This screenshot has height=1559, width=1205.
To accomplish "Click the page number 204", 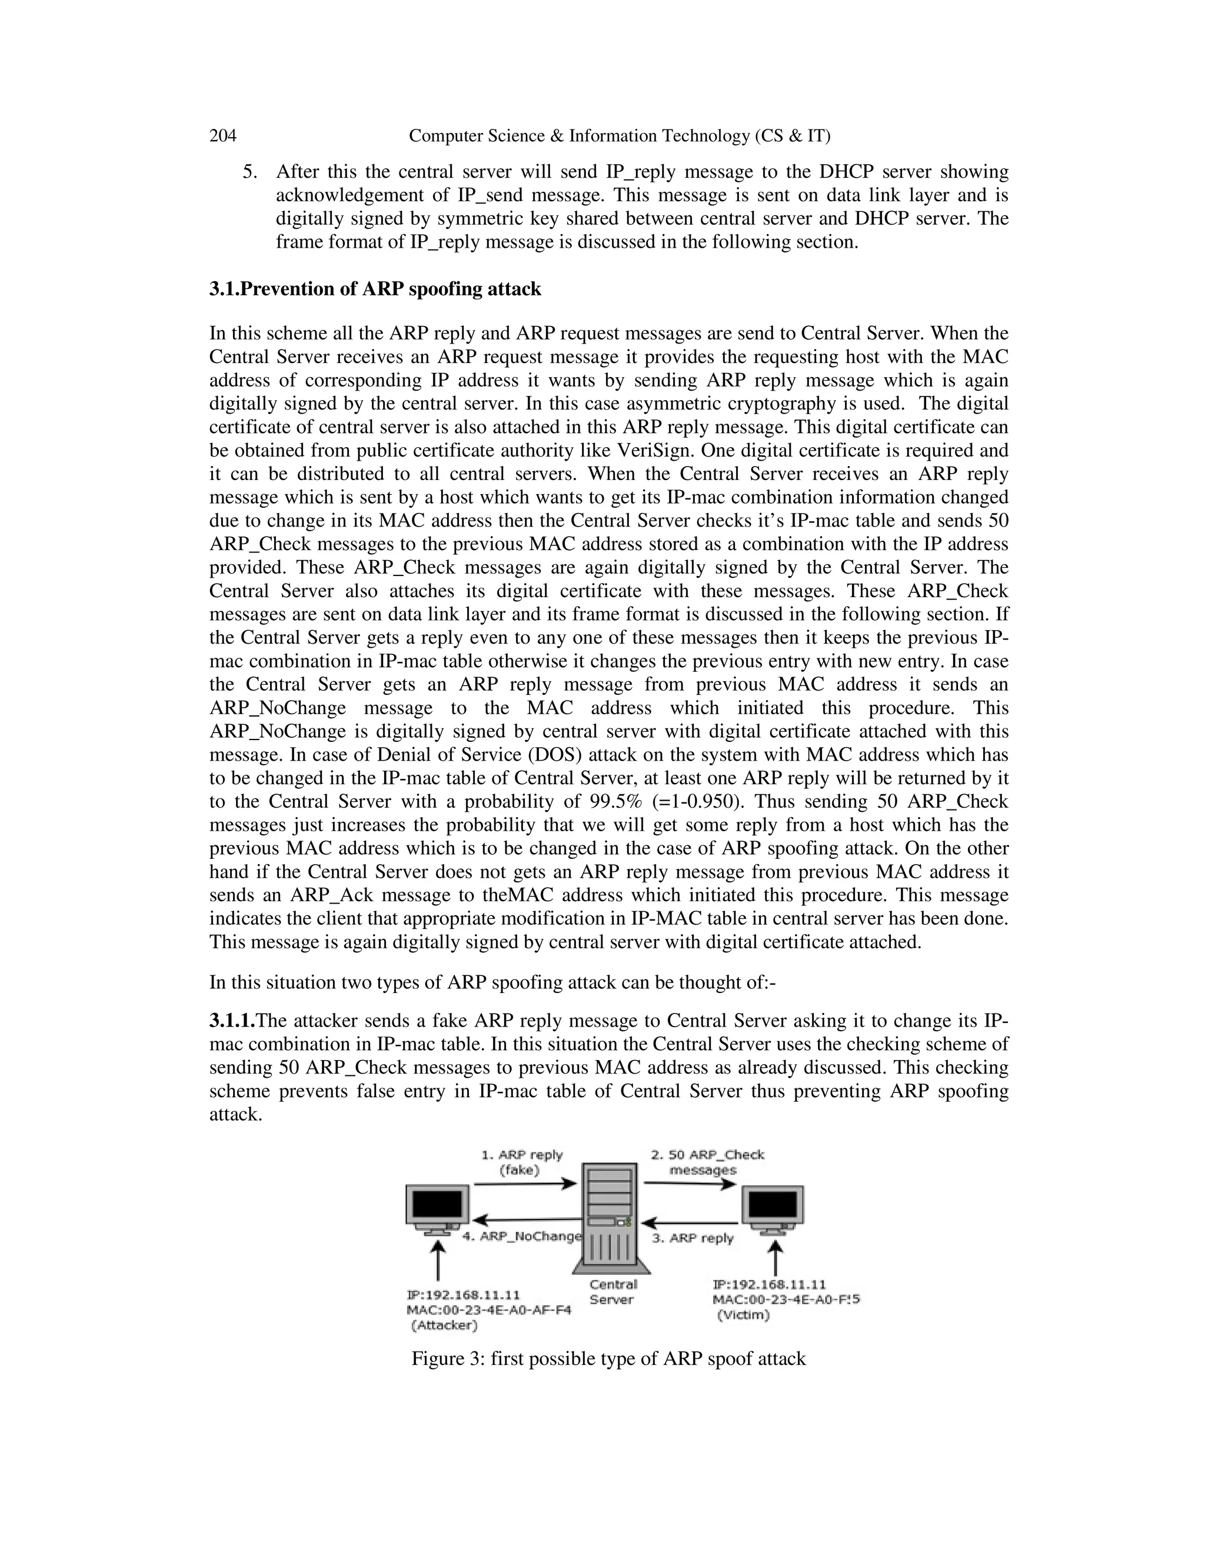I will [x=223, y=136].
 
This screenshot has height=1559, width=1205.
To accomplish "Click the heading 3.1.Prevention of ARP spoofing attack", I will [x=375, y=289].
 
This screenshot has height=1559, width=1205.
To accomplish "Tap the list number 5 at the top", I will [x=249, y=172].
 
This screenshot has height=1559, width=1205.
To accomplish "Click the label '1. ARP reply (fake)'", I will [x=522, y=1162].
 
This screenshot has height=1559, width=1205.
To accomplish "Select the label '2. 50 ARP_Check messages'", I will [x=706, y=1162].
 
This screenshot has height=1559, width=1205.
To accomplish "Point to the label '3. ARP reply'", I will [x=693, y=1238].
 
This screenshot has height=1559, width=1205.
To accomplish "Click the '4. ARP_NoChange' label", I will [x=522, y=1237].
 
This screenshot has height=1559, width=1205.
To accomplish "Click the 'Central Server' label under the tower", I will [x=613, y=1292].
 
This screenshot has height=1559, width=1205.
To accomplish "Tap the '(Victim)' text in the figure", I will [x=743, y=1315].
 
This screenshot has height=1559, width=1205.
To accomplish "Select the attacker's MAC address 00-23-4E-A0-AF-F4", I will [x=488, y=1310].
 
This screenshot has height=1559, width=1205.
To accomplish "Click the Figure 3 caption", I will [x=608, y=1358].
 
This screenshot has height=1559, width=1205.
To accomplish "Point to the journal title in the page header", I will [x=619, y=136].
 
